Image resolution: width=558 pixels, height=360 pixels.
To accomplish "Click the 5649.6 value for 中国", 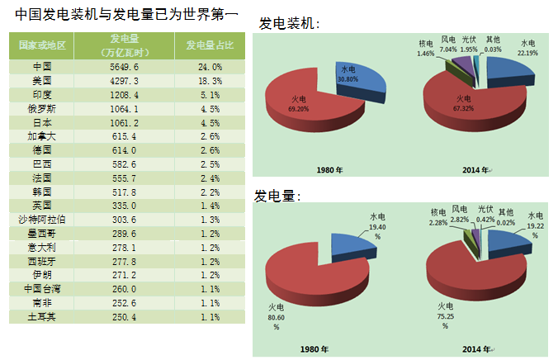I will click(125, 66).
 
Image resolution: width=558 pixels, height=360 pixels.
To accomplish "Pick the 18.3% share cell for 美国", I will click(209, 80).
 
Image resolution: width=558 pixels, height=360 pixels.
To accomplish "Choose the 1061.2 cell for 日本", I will click(125, 121).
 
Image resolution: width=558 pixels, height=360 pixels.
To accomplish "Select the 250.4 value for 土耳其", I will click(125, 316).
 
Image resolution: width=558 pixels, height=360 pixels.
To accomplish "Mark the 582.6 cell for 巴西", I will click(125, 163).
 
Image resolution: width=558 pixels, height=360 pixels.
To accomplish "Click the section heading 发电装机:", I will click(289, 24).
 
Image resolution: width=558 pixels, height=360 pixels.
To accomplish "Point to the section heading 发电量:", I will click(277, 197).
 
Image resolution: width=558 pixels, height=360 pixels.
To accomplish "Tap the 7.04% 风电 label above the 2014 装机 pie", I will click(447, 45).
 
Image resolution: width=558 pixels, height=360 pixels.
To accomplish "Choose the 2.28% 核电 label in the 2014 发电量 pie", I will click(438, 218).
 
